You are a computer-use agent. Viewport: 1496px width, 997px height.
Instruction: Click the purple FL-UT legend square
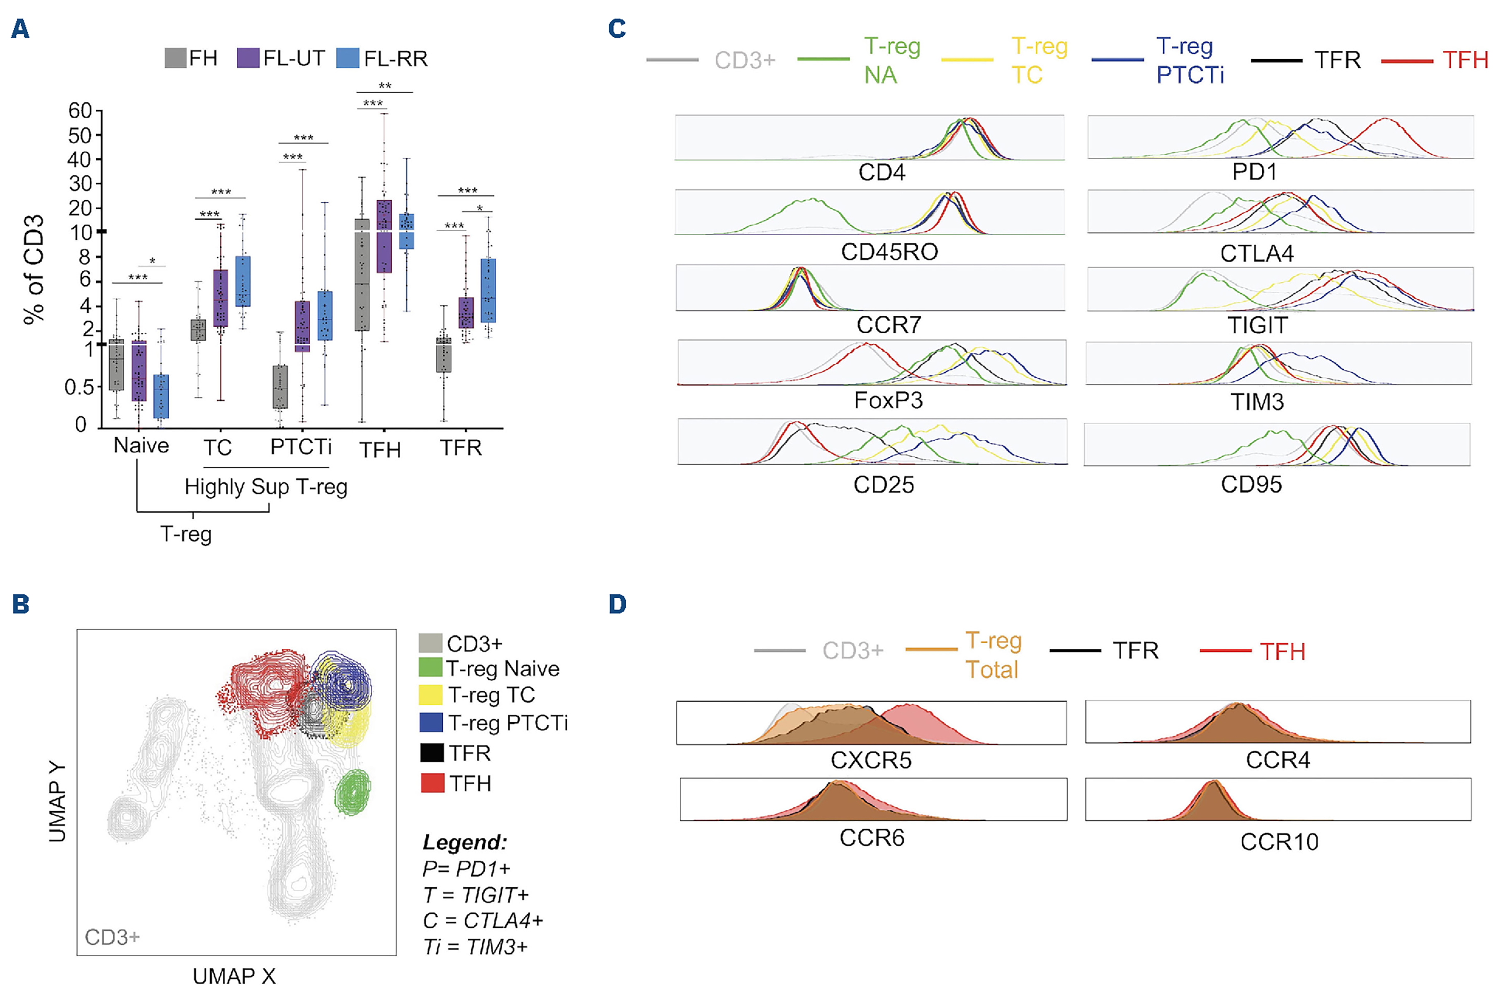[x=247, y=58]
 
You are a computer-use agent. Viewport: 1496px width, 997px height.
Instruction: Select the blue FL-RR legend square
[x=347, y=58]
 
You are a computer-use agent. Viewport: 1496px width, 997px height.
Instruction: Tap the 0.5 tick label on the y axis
[x=79, y=387]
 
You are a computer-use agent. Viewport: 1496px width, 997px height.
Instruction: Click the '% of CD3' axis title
[x=34, y=270]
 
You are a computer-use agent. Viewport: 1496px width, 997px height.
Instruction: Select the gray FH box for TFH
[x=362, y=275]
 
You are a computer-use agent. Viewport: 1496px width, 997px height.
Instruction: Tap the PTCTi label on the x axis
[x=301, y=447]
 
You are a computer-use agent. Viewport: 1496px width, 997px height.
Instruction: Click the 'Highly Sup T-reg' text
[x=266, y=487]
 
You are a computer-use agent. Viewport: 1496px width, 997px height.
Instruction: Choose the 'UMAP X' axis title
[x=234, y=976]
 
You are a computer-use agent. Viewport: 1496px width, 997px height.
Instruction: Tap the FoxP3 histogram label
[x=888, y=400]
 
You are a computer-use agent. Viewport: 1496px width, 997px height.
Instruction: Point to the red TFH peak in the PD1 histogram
[x=1385, y=119]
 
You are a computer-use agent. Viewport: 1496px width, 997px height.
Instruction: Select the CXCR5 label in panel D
[x=871, y=760]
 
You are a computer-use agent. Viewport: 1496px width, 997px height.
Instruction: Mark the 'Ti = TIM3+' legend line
[x=475, y=947]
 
